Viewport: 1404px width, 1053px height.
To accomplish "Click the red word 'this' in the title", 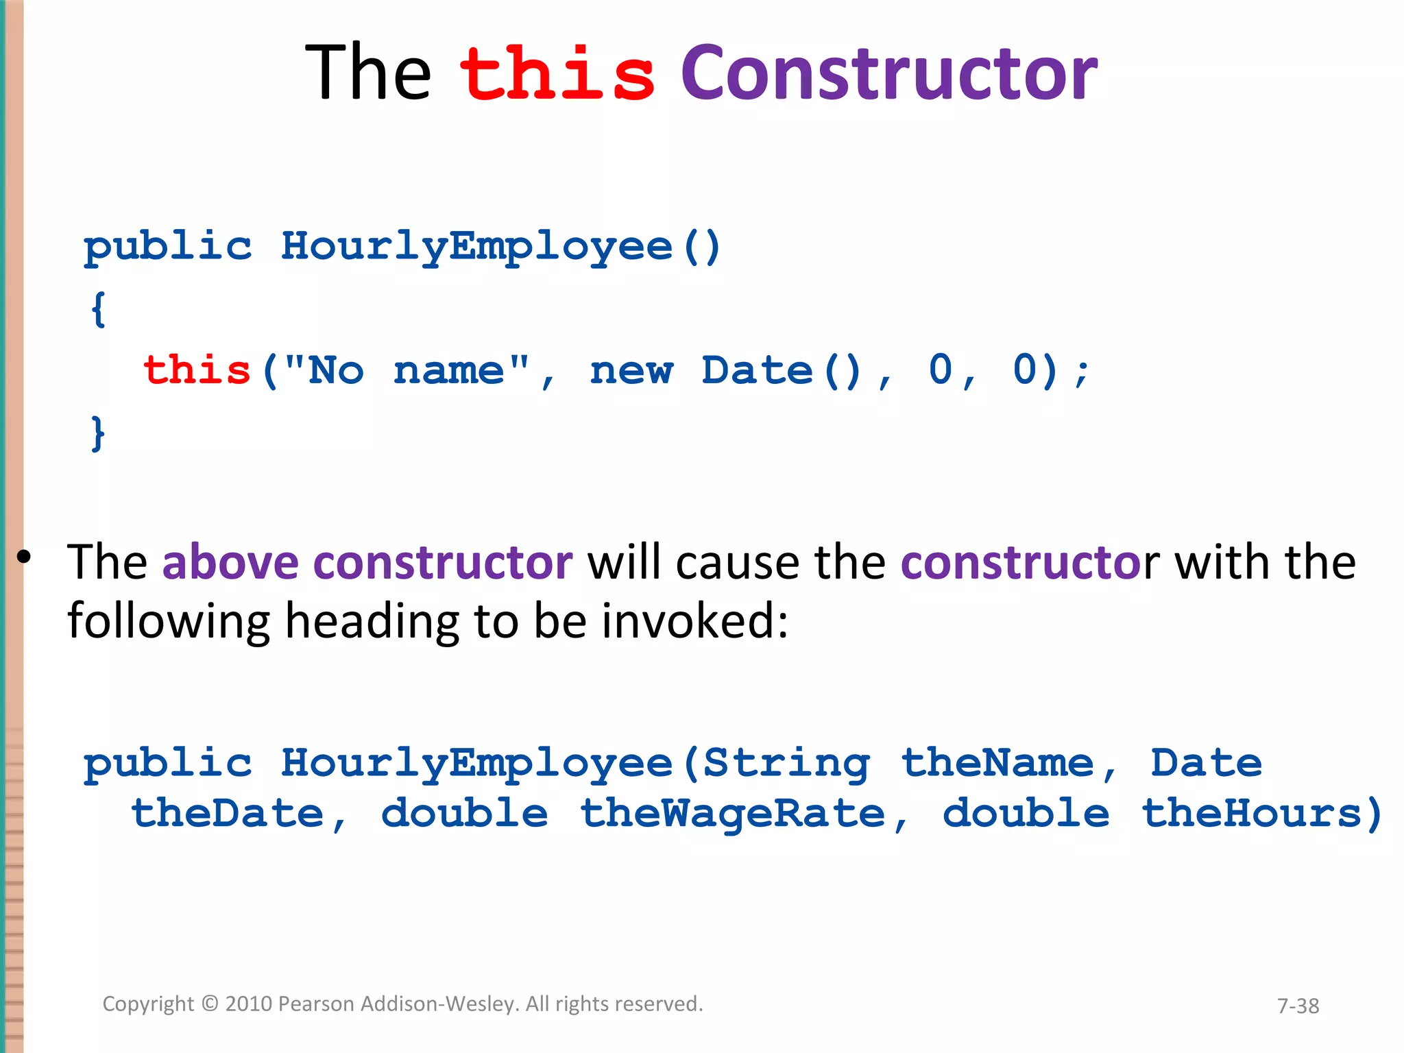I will click(557, 74).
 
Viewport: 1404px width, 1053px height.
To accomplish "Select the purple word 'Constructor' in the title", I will click(889, 74).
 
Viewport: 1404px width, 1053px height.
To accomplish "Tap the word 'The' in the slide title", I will click(368, 74).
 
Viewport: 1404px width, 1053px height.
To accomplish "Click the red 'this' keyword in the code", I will click(197, 371).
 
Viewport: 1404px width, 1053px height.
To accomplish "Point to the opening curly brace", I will click(99, 309).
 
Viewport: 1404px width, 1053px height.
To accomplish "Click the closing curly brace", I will click(99, 433).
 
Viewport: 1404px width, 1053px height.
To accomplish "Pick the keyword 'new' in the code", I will click(631, 371).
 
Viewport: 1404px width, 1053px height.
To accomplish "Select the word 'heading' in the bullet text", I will click(372, 621).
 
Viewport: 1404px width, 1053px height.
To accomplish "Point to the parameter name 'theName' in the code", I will click(997, 764).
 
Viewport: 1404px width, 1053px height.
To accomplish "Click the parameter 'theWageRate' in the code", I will click(733, 814).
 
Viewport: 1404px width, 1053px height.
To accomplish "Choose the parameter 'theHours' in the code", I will click(1252, 814).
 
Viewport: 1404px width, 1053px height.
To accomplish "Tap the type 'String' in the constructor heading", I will click(787, 764).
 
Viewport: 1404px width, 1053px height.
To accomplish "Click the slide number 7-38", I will click(1298, 1006).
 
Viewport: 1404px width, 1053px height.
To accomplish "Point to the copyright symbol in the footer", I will click(210, 1004).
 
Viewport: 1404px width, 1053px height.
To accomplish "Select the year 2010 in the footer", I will click(249, 1004).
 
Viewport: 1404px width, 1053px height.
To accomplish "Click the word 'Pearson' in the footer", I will click(316, 1004).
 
